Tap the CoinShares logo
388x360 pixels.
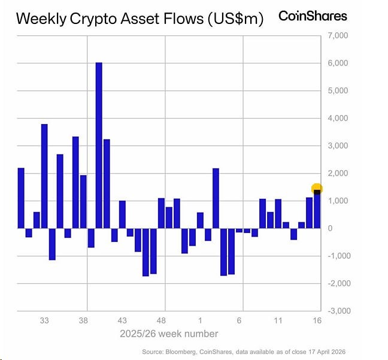[313, 16]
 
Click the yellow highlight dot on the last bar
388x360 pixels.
[317, 189]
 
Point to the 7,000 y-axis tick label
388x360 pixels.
[338, 36]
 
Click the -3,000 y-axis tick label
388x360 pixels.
[337, 311]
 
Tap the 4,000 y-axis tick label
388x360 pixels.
[338, 119]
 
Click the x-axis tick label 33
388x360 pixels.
[44, 320]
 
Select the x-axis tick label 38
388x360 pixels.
[83, 320]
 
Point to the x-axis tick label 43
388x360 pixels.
[122, 320]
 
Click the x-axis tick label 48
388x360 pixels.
[161, 320]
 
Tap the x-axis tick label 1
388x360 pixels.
[201, 320]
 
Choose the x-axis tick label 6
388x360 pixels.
[240, 320]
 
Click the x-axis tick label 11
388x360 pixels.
[278, 320]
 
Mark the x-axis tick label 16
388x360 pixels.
[317, 320]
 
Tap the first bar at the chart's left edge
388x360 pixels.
[21, 198]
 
